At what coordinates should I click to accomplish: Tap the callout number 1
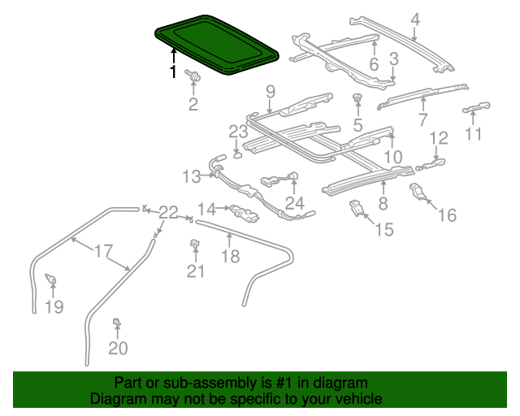[x=172, y=72]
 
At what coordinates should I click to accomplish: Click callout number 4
[x=415, y=19]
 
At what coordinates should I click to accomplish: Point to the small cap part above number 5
[x=356, y=100]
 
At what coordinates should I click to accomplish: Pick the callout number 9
[x=271, y=90]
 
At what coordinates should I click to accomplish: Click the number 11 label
[x=474, y=133]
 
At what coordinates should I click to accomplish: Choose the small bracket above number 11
[x=478, y=107]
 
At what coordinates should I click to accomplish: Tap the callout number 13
[x=192, y=176]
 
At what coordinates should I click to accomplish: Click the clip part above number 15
[x=357, y=207]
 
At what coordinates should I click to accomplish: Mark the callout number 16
[x=448, y=214]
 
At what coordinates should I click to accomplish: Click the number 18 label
[x=232, y=256]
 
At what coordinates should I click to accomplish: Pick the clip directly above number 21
[x=195, y=244]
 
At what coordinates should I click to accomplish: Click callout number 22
[x=168, y=213]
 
